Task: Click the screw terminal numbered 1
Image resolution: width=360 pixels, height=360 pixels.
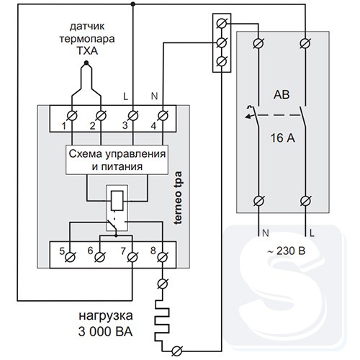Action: (72, 116)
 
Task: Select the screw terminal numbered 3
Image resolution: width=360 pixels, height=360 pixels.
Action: (132, 116)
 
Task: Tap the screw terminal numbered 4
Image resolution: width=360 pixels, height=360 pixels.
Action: (163, 116)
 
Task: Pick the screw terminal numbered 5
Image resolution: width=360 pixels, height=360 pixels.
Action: (70, 257)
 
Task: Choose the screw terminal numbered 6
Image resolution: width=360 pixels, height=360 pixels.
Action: (99, 257)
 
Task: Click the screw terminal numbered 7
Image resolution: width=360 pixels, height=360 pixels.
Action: (132, 257)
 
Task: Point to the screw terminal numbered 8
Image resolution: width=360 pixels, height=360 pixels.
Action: (163, 257)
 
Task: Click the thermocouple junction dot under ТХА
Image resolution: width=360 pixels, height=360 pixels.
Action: (86, 63)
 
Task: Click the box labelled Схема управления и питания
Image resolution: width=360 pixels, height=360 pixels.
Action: (117, 160)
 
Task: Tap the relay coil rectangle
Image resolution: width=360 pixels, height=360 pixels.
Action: (117, 201)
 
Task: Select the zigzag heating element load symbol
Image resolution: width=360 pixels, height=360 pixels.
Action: (162, 320)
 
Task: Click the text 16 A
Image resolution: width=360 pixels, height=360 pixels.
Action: (283, 138)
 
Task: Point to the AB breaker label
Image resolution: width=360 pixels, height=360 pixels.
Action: (282, 95)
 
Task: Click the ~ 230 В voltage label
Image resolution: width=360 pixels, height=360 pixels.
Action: (287, 251)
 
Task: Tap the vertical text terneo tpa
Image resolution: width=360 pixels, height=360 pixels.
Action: (178, 198)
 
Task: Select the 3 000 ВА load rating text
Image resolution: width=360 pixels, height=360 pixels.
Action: (105, 332)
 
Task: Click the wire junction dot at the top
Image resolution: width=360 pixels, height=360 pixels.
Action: (132, 4)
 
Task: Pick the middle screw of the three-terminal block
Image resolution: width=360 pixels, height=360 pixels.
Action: (221, 42)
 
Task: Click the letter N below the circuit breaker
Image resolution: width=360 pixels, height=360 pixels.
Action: (266, 233)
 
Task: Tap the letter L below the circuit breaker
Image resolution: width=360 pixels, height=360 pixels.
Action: (312, 233)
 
